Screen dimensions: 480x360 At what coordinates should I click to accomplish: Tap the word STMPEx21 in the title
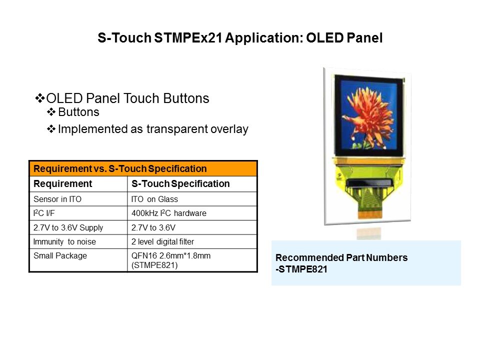coord(188,38)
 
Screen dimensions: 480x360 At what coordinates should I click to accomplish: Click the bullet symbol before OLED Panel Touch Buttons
coord(40,98)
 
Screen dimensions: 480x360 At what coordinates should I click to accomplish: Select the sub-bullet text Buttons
coord(78,112)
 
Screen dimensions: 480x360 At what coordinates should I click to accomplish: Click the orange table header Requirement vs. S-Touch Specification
coord(143,168)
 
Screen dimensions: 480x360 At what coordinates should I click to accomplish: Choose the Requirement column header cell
coord(78,183)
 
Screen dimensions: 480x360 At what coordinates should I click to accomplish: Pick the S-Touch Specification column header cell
coord(192,183)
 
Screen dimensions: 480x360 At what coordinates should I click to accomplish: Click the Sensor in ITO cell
coord(78,199)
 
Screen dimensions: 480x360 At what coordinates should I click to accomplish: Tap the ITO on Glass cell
coord(192,199)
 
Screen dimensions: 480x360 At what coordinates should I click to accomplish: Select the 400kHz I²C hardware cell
coord(192,213)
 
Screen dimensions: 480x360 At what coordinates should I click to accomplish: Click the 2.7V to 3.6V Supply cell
coord(78,227)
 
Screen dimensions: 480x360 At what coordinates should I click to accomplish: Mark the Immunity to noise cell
coord(78,241)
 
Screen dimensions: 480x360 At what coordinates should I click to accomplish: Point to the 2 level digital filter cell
coord(192,241)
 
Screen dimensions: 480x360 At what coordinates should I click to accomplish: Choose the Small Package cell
coord(78,260)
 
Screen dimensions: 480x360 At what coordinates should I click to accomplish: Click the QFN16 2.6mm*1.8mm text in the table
coord(171,256)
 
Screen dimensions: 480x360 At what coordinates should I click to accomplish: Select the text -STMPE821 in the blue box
coord(301,269)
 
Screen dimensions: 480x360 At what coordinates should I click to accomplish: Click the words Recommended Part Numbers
coord(341,258)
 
